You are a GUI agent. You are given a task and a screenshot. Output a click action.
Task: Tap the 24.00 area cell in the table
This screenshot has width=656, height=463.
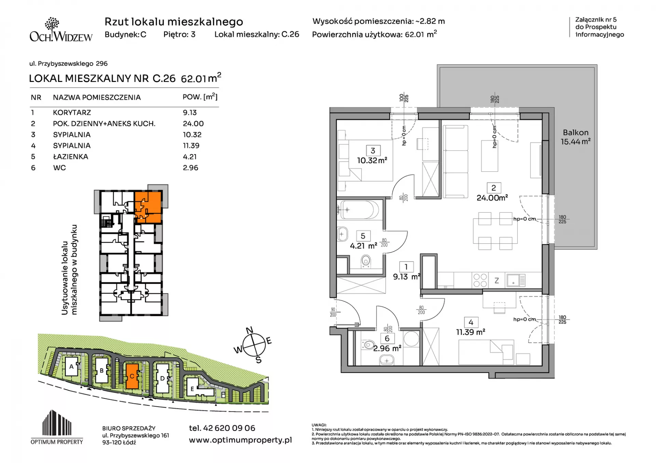point(193,124)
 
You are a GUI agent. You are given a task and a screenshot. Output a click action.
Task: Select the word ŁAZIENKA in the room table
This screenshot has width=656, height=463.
point(70,157)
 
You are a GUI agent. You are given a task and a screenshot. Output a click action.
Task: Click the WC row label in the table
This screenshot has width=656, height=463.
point(59,168)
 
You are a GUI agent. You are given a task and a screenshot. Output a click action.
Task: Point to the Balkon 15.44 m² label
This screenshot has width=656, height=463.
point(576,137)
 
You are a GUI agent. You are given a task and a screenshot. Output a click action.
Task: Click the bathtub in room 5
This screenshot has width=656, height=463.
point(359,210)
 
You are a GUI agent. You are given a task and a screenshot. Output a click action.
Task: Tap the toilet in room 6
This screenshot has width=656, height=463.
point(368,345)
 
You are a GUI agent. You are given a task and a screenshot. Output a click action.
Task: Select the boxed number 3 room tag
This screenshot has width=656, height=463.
point(373,151)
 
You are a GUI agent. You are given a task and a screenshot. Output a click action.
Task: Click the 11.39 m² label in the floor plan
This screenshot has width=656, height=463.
point(470,332)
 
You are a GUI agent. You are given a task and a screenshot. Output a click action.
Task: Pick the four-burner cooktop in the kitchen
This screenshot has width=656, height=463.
point(480,280)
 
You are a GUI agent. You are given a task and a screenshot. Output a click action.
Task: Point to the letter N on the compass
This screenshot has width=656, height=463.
point(250,330)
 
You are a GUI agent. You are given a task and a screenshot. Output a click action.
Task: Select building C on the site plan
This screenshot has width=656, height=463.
point(132,376)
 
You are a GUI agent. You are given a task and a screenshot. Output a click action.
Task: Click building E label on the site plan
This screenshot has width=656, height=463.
point(192,389)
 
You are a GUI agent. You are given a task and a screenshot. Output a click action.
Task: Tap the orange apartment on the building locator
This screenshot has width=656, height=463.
point(148,207)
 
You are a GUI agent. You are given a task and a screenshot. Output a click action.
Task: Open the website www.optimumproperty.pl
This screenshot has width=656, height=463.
point(241,440)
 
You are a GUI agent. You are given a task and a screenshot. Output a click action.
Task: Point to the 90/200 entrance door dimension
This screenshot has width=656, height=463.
point(333,312)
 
